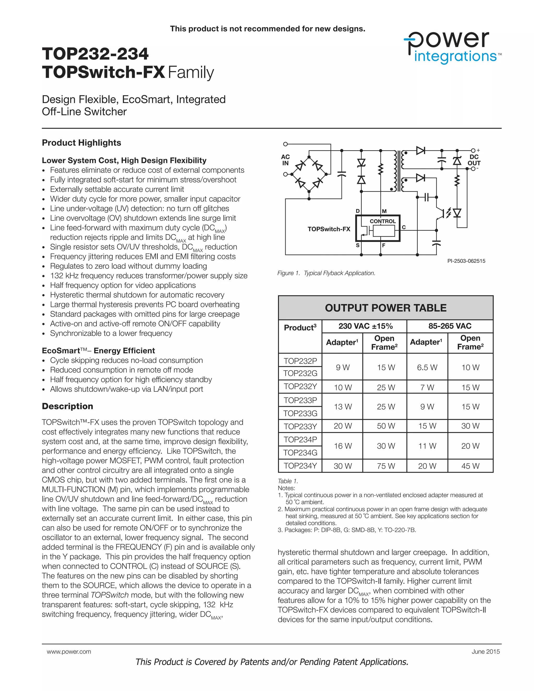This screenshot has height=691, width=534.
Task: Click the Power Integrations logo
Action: (452, 48)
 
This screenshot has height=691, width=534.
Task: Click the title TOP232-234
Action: (95, 54)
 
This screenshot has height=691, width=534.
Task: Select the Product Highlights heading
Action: (81, 143)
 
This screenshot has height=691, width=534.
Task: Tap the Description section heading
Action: (67, 406)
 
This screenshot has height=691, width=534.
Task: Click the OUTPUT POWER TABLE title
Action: (386, 308)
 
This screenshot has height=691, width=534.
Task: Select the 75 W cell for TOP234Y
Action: (386, 466)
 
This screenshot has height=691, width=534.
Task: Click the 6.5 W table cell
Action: (427, 367)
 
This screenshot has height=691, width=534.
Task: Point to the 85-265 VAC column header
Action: (450, 326)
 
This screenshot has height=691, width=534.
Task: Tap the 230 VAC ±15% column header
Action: (365, 326)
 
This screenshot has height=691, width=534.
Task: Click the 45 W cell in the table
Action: (470, 466)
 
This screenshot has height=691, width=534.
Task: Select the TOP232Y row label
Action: (300, 387)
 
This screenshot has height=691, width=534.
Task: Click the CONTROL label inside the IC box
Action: (383, 221)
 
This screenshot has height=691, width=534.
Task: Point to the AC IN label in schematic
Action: (285, 160)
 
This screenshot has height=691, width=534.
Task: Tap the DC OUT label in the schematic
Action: (474, 160)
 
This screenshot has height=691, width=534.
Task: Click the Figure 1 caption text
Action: (326, 273)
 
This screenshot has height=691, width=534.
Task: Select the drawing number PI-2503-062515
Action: (466, 261)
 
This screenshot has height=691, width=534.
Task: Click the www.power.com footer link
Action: (69, 652)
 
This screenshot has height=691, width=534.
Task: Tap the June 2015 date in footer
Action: (486, 652)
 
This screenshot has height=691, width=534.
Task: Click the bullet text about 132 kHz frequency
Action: (149, 276)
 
